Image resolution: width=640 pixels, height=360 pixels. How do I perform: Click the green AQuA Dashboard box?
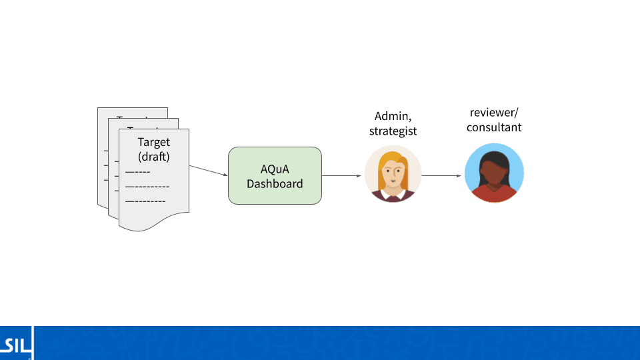(x=275, y=175)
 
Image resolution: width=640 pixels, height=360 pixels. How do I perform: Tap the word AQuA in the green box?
(x=275, y=169)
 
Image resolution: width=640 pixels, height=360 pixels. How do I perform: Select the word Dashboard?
(x=275, y=183)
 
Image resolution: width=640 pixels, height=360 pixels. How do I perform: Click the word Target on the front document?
(x=153, y=142)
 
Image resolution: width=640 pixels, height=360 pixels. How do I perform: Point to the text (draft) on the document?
(x=153, y=157)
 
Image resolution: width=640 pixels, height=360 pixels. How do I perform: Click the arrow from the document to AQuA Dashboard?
(x=208, y=171)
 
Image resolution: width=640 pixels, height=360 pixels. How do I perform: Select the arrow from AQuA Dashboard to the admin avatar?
(x=343, y=176)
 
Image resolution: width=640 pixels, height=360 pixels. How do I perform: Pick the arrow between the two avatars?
(x=442, y=176)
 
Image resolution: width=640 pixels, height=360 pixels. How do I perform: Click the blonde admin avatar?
(x=393, y=173)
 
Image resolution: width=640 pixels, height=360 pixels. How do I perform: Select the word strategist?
(x=393, y=131)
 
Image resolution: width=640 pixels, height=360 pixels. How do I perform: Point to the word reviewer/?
(x=493, y=112)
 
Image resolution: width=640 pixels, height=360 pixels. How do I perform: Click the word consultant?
(x=493, y=127)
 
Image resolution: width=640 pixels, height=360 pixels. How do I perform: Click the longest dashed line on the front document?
(x=147, y=187)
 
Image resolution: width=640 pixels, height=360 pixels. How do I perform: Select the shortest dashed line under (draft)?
(x=138, y=172)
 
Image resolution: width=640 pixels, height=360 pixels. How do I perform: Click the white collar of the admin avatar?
(x=393, y=195)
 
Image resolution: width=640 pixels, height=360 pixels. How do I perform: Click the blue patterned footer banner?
(x=333, y=343)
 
